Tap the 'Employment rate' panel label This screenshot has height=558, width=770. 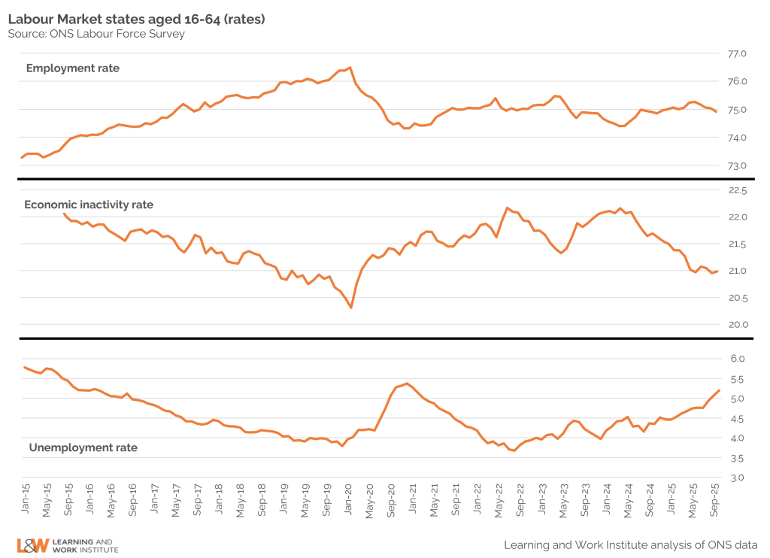tap(72, 68)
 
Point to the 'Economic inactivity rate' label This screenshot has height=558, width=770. tap(89, 205)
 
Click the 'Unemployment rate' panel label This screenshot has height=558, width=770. tap(83, 447)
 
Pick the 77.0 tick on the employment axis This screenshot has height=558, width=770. tap(736, 54)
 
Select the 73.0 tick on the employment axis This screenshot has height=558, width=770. tap(736, 165)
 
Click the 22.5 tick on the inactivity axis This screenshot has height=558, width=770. tap(736, 191)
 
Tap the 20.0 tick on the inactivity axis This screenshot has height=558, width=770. tap(736, 324)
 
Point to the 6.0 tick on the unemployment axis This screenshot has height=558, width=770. tap(738, 359)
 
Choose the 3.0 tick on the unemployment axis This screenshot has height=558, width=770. tap(738, 478)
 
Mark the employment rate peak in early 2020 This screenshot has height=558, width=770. tap(350, 67)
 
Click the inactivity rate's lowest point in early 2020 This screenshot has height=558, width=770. tap(351, 307)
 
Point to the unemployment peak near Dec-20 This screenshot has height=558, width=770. tap(406, 384)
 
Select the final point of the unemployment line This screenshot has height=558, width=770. tap(720, 390)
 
